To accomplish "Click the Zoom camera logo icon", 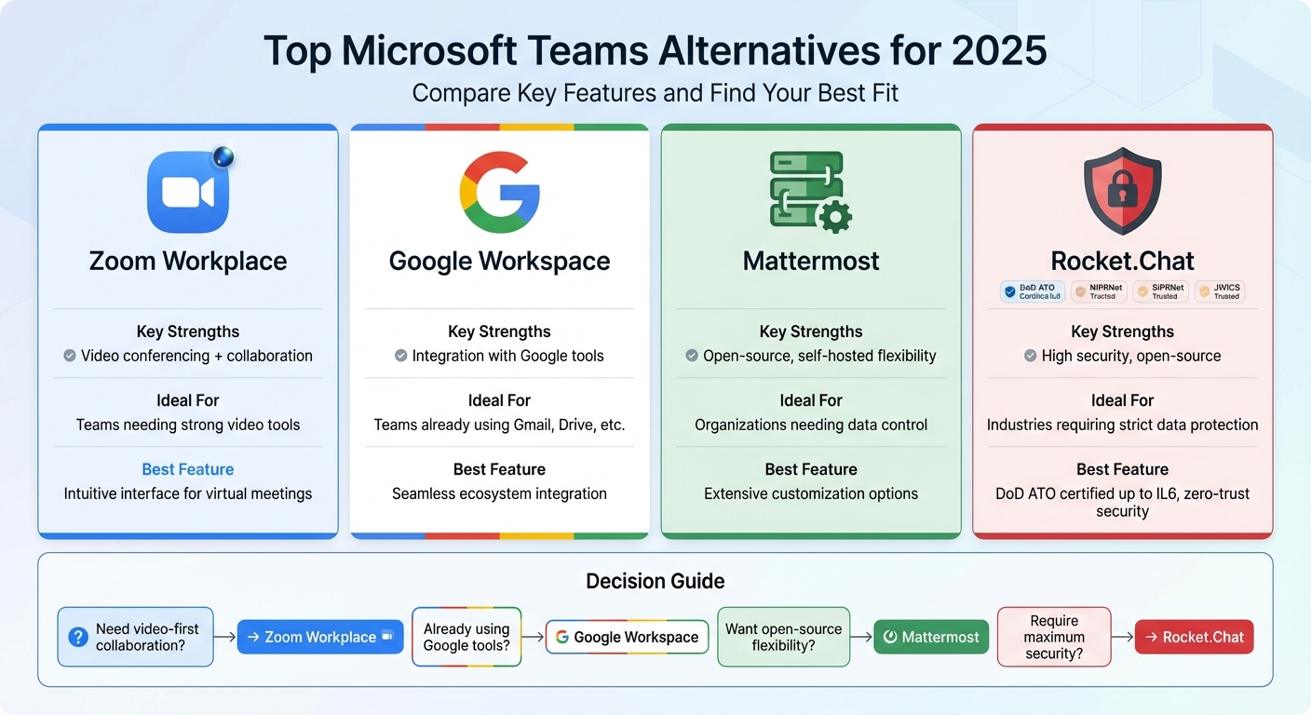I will point(188,192).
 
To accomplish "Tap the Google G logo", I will point(500,193).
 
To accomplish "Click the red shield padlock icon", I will point(1122,191).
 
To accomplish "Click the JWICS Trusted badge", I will point(1219,291).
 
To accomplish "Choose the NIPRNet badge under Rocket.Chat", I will point(1099,291).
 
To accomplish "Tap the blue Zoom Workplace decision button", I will point(320,637).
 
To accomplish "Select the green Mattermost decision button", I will point(931,637).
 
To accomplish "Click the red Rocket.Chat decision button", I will point(1195,637).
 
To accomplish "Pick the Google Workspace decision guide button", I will point(627,637).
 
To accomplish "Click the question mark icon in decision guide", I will point(78,637).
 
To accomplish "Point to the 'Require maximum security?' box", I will point(1054,637).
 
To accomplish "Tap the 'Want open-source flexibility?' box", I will point(783,637).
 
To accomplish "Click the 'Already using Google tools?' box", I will point(466,637).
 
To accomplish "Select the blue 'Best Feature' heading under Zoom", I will point(188,469).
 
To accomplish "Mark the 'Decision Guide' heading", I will point(655,582).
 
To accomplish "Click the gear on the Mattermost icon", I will point(834,218).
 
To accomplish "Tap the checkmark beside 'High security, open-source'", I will point(1031,356).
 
